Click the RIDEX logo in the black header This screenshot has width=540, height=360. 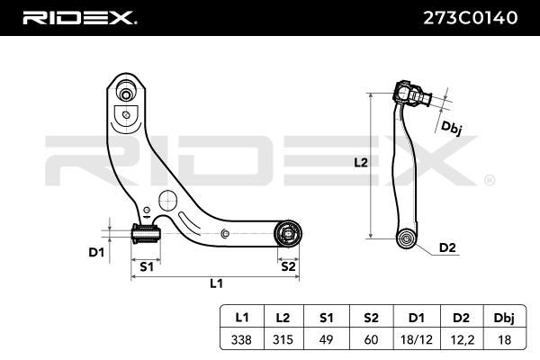79,18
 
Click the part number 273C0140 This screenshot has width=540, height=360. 470,18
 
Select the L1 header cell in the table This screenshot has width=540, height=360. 242,318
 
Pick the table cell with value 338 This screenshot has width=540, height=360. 241,339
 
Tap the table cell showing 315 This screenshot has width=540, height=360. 283,339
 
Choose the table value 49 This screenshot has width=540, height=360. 326,339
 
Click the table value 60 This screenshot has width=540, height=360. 371,339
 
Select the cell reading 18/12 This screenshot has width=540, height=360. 417,339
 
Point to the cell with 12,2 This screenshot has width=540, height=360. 461,339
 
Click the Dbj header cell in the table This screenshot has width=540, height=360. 504,318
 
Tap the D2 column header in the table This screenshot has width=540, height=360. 461,318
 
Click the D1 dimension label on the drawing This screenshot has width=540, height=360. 96,253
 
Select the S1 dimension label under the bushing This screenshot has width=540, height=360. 147,266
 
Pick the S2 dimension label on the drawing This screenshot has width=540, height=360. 288,266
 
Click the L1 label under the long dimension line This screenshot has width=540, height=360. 216,283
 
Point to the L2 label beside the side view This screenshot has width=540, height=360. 361,162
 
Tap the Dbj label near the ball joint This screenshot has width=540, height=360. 451,128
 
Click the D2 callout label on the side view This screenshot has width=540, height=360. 447,247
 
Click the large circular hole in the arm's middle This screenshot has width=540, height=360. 167,200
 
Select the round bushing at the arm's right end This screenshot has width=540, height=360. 288,234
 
